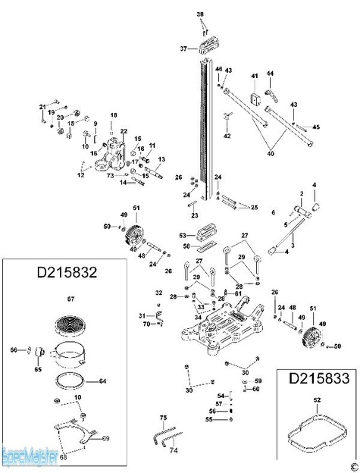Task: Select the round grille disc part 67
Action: pyautogui.click(x=74, y=324)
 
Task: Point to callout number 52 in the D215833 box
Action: pyautogui.click(x=317, y=399)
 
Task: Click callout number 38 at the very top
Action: pyautogui.click(x=201, y=14)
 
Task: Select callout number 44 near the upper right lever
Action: pyautogui.click(x=269, y=74)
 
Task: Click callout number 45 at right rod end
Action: pyautogui.click(x=316, y=127)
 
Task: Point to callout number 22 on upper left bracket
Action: pyautogui.click(x=124, y=132)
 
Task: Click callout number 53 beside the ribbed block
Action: pyautogui.click(x=183, y=236)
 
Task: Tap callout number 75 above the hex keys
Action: pyautogui.click(x=162, y=418)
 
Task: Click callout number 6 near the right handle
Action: pyautogui.click(x=274, y=213)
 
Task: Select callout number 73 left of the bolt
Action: pyautogui.click(x=109, y=175)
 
